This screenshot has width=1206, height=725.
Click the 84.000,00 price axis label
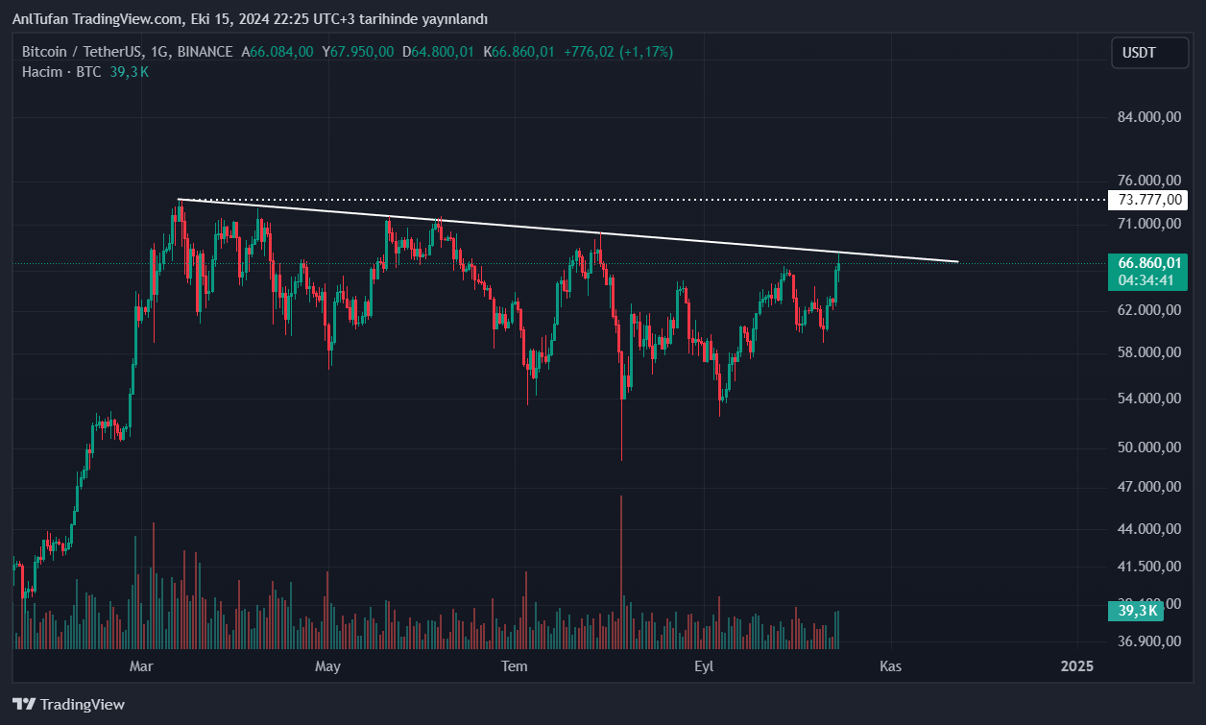1148,117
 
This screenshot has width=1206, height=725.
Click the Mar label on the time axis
141,665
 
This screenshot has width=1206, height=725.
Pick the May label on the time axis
328,665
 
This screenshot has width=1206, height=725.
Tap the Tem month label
516,665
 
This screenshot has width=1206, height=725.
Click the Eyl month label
704,665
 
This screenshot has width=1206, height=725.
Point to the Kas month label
891,665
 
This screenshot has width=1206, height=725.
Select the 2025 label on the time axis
1077,665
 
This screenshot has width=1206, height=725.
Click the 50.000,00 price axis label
1148,447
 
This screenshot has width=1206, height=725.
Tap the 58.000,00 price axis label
1148,352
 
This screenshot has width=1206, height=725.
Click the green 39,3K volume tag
1137,610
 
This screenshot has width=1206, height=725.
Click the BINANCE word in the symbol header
205,52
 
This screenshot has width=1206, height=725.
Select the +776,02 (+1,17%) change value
618,52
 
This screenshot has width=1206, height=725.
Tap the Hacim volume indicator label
42,71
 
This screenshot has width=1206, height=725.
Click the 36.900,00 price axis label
1148,640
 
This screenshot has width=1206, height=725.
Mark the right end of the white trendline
958,261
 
